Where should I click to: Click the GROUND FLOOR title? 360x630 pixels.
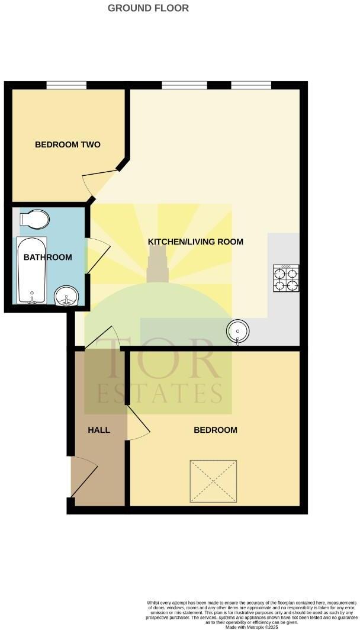click(149, 8)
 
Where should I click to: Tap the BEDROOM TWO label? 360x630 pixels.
click(67, 144)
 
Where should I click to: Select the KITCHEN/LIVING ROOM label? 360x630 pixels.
click(195, 242)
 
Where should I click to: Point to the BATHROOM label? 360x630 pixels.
click(48, 257)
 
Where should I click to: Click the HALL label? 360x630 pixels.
click(99, 430)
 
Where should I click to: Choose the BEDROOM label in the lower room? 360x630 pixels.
click(216, 430)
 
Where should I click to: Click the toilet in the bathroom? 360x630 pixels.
click(33, 219)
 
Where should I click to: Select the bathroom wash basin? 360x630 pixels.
click(66, 296)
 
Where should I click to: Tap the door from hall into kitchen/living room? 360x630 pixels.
click(99, 337)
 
